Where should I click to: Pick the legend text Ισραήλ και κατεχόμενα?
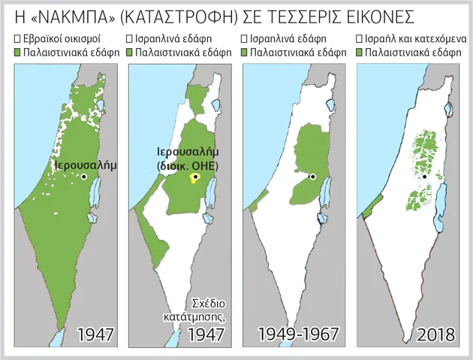(x=415, y=38)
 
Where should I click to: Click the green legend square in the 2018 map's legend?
(x=360, y=53)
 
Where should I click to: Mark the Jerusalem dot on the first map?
(x=85, y=177)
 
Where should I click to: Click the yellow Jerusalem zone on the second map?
(x=194, y=178)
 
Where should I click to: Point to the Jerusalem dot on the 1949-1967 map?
(x=312, y=177)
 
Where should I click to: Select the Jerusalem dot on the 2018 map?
(x=425, y=177)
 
